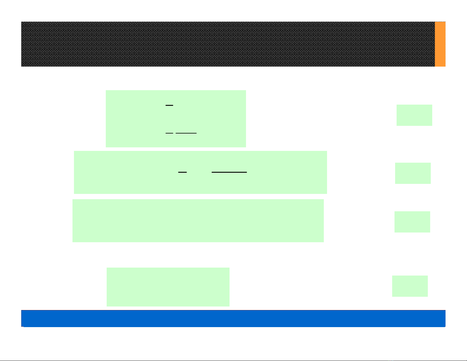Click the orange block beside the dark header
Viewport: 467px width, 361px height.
tap(440, 44)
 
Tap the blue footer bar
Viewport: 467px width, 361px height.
tap(233, 318)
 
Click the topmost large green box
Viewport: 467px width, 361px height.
tap(176, 118)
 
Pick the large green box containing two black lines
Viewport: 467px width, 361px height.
tap(200, 172)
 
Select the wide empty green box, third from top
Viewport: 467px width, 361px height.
tap(198, 221)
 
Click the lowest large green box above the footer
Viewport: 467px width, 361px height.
tap(168, 287)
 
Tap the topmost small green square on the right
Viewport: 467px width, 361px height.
tap(414, 115)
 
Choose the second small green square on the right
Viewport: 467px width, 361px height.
tap(413, 173)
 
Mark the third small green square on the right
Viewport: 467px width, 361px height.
tap(412, 222)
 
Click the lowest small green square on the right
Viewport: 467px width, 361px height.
tap(410, 286)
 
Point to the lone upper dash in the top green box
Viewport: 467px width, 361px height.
tap(169, 105)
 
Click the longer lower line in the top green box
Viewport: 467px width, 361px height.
tap(186, 133)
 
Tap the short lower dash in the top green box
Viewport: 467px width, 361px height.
tap(169, 133)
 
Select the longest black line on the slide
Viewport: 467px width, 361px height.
tap(229, 172)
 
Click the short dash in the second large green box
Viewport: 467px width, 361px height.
tap(183, 172)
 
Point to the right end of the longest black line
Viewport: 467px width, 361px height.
tap(246, 172)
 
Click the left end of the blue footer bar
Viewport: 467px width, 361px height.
tap(22, 318)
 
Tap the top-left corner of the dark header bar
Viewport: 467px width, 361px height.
tap(22, 22)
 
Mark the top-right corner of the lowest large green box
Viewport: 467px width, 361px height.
tap(229, 268)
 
